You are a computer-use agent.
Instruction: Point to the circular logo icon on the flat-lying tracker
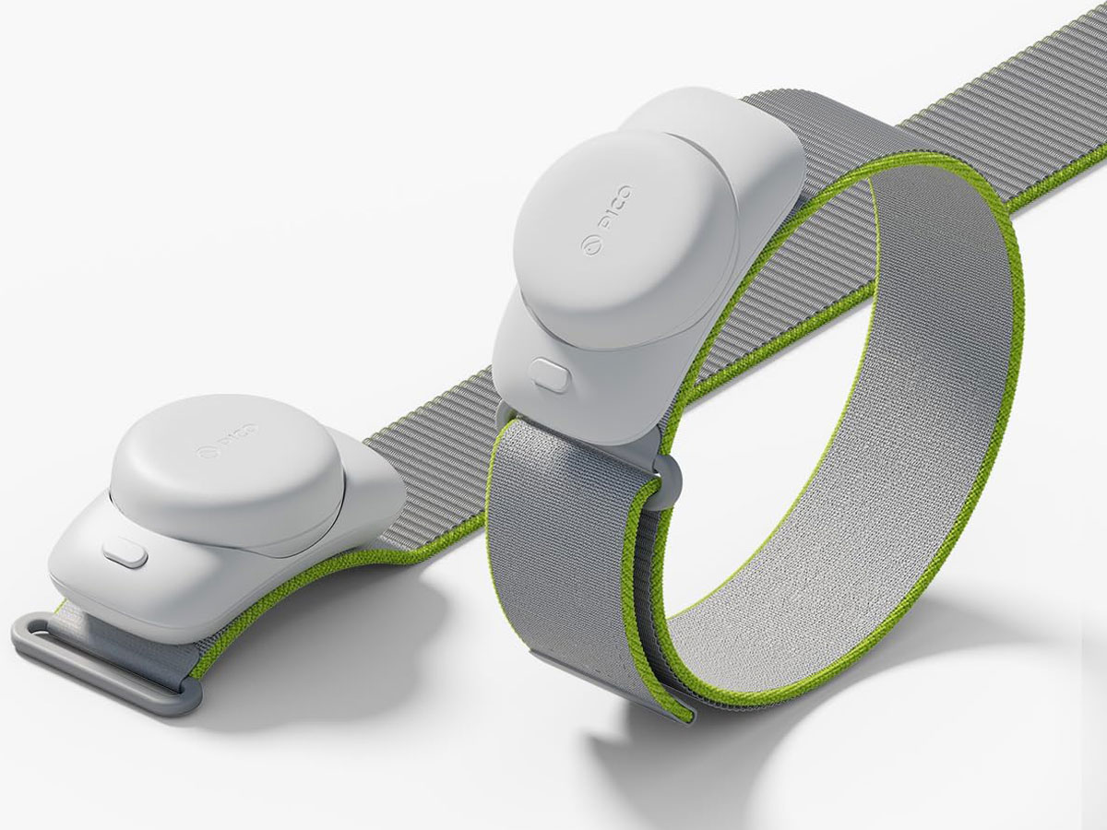205,451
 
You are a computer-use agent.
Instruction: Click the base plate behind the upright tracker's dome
738,129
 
